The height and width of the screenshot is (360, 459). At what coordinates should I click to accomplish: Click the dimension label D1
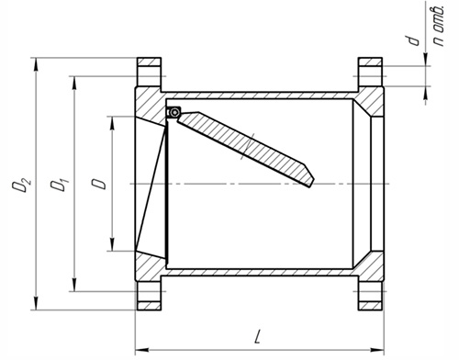point(60,185)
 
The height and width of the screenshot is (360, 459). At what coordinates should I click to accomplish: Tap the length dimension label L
point(258,336)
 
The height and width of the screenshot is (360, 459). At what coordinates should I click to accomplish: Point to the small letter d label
point(414,40)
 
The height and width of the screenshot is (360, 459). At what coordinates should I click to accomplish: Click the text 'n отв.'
point(439,26)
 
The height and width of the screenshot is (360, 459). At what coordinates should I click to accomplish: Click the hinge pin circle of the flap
point(174,112)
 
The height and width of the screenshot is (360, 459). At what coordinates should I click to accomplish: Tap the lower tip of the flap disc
point(309,186)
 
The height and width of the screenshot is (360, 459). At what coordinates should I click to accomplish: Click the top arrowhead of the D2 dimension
point(36,64)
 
